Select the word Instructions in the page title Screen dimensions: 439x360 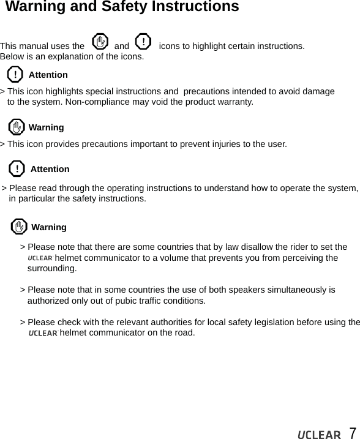coord(197,7)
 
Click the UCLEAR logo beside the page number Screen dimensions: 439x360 coord(318,434)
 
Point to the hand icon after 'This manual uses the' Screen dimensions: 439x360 coord(99,43)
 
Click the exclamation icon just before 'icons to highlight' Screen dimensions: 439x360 coord(142,42)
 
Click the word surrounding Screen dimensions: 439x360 coord(52,269)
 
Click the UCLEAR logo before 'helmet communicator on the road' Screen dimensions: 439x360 coord(43,333)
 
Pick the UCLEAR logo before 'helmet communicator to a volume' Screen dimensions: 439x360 coord(40,258)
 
